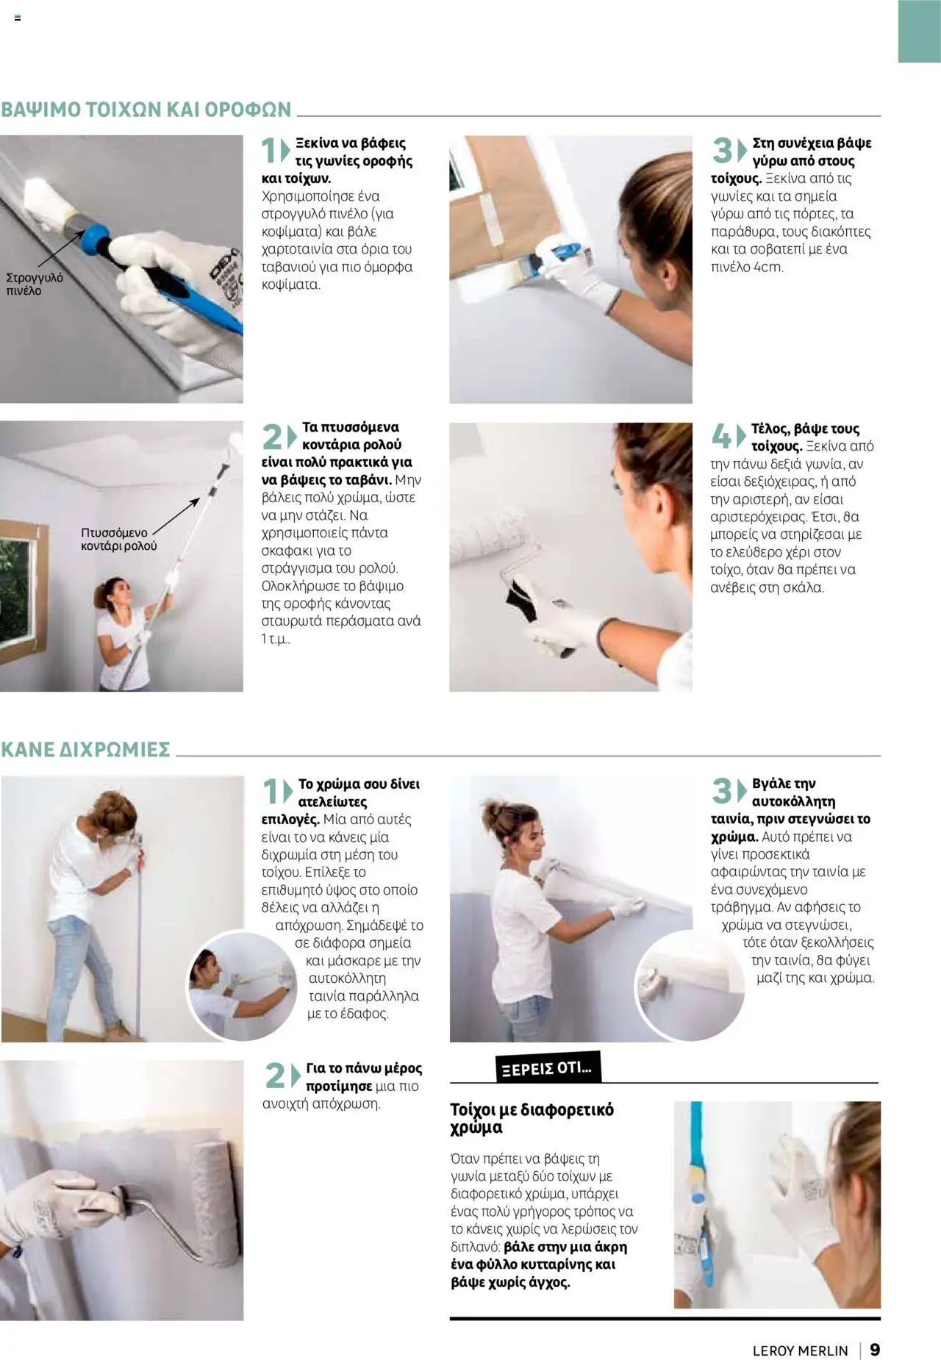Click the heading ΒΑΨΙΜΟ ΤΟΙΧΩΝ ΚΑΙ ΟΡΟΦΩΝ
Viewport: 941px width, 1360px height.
coord(146,110)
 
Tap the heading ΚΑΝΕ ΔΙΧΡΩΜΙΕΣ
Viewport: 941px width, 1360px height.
coord(86,749)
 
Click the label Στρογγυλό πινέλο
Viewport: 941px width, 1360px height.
coord(34,284)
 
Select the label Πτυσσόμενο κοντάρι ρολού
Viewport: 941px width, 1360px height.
coord(118,539)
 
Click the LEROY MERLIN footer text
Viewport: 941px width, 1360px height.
coord(800,1350)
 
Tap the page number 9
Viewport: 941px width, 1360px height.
coord(875,1350)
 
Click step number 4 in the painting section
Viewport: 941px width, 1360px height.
coord(721,437)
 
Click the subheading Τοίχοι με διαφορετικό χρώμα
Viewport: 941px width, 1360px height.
coord(532,1118)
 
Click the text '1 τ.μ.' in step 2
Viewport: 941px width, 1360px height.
coord(276,639)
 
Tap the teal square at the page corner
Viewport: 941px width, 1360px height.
coord(919,31)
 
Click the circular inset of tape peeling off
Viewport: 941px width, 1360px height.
coord(689,986)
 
